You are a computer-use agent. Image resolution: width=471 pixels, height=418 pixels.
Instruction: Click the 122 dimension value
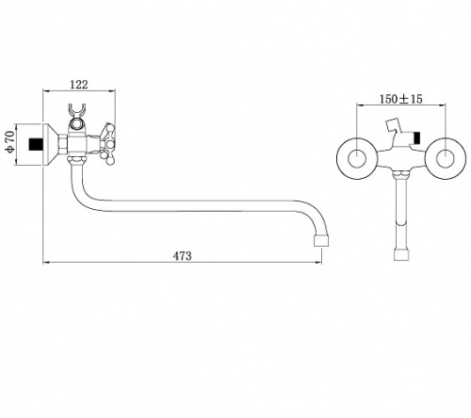[x=79, y=85]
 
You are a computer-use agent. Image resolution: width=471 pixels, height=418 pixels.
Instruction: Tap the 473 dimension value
[x=182, y=256]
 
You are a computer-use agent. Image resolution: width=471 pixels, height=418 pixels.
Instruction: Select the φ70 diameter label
[x=10, y=143]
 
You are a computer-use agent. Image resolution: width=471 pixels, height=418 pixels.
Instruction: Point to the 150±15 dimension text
[x=401, y=99]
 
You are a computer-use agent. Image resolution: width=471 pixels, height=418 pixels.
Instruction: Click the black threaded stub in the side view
[x=35, y=145]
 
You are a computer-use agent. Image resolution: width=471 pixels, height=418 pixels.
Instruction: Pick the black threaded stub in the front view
[x=416, y=138]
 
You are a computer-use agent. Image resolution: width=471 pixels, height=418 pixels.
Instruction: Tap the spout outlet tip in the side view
[x=321, y=241]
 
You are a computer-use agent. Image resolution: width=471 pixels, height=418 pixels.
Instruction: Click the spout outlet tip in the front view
[x=401, y=255]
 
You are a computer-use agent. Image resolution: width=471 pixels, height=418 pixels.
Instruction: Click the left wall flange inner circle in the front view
[x=357, y=158]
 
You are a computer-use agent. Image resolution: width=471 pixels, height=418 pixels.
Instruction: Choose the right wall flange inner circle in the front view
[x=446, y=158]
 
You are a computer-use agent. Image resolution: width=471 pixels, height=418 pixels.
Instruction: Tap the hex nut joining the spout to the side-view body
[x=77, y=161]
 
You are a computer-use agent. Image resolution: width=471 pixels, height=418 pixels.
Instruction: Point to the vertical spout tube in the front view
[x=401, y=214]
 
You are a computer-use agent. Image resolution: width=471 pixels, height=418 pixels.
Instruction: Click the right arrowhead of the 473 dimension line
[x=319, y=262]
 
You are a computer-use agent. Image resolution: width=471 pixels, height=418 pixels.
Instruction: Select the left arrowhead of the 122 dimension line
[x=45, y=91]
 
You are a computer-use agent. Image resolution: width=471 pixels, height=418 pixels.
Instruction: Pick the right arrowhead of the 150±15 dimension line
[x=443, y=105]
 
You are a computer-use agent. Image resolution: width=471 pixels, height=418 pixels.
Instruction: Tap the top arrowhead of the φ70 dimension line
[x=15, y=127]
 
